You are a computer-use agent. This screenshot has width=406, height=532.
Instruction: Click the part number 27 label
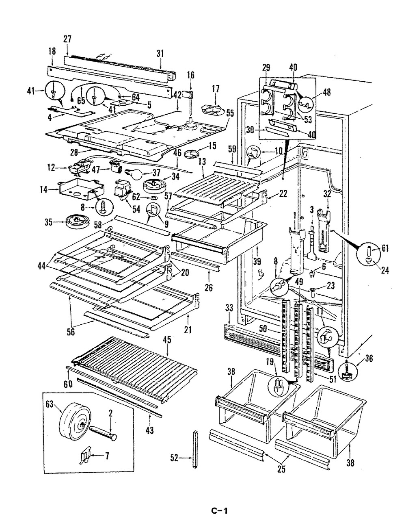tap(67, 39)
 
